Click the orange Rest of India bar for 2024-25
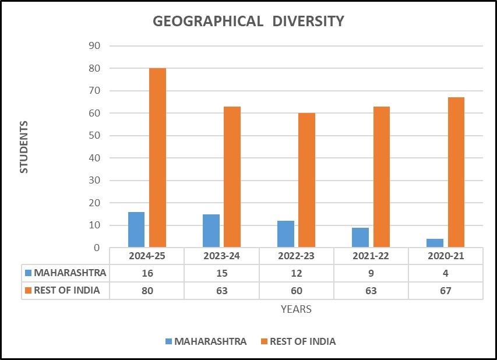pyautogui.click(x=157, y=157)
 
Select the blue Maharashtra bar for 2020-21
pyautogui.click(x=435, y=243)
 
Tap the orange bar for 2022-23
pyautogui.click(x=307, y=180)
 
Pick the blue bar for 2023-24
pyautogui.click(x=211, y=231)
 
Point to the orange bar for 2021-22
pyautogui.click(x=382, y=177)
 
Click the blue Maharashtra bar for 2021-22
pyautogui.click(x=361, y=237)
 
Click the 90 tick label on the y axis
pyautogui.click(x=94, y=45)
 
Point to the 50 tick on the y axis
pyautogui.click(x=94, y=135)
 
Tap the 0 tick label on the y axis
pyautogui.click(x=97, y=248)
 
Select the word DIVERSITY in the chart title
pyautogui.click(x=308, y=21)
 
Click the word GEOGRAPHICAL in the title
pyautogui.click(x=208, y=21)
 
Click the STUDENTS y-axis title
pyautogui.click(x=24, y=147)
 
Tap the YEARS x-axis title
pyautogui.click(x=296, y=309)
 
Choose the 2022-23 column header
pyautogui.click(x=296, y=256)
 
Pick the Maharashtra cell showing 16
pyautogui.click(x=147, y=273)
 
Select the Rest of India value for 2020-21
pyautogui.click(x=445, y=291)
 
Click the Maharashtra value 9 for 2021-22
pyautogui.click(x=371, y=273)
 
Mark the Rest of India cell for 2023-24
pyautogui.click(x=222, y=291)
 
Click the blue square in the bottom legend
pyautogui.click(x=168, y=341)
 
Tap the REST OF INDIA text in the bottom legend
pyautogui.click(x=303, y=341)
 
